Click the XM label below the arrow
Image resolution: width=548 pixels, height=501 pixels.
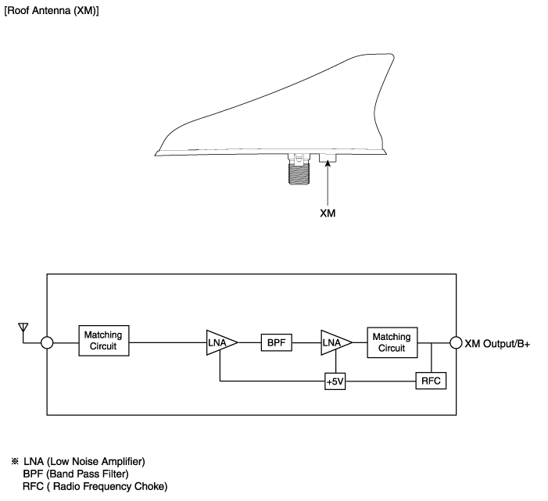pyautogui.click(x=328, y=212)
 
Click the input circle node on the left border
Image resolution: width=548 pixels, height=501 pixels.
pyautogui.click(x=47, y=342)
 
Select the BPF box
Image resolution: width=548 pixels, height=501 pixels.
pyautogui.click(x=276, y=342)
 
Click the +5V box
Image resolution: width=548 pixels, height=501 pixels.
pyautogui.click(x=335, y=381)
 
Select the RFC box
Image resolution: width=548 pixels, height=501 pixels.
pyautogui.click(x=430, y=381)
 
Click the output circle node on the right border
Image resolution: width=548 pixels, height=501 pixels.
pyautogui.click(x=456, y=342)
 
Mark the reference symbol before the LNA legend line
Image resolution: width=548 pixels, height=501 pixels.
pyautogui.click(x=14, y=462)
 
